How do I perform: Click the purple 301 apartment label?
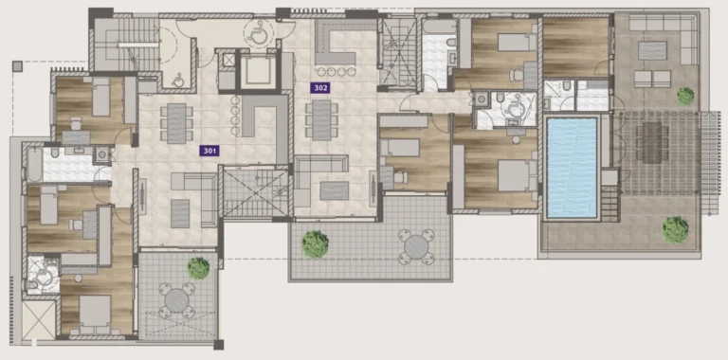[x=209, y=151]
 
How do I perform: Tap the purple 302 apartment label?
[x=320, y=88]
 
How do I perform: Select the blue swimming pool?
[x=572, y=168]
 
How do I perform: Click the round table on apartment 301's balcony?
[x=177, y=300]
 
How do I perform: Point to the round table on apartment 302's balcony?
[x=416, y=247]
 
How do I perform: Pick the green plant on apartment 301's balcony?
[x=198, y=268]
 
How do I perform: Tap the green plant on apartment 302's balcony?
[x=316, y=244]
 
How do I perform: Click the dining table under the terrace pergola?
[x=652, y=142]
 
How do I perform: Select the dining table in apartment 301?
[x=176, y=123]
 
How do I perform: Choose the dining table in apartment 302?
[x=321, y=119]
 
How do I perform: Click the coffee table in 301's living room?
[x=180, y=213]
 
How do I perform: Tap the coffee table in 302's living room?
[x=335, y=190]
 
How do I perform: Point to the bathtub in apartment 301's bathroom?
[x=34, y=165]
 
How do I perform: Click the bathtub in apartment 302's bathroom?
[x=440, y=27]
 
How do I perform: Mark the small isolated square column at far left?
[x=17, y=66]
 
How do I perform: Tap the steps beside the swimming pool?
[x=610, y=204]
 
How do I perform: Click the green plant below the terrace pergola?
[x=675, y=229]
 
